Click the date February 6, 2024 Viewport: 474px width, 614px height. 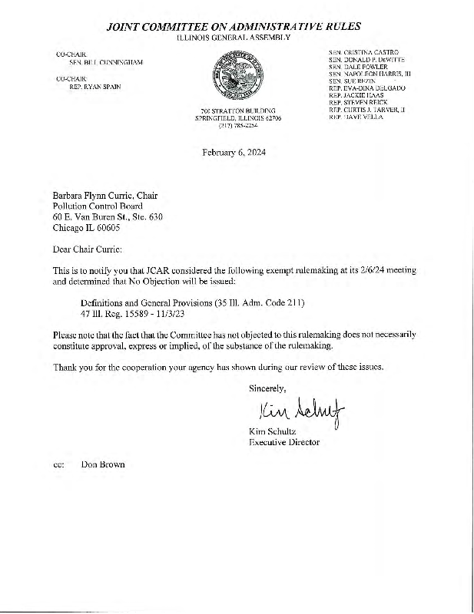(x=238, y=151)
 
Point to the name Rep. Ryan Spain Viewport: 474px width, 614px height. (x=90, y=87)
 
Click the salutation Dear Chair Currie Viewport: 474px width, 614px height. (x=87, y=249)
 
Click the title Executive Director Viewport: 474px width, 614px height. (x=284, y=443)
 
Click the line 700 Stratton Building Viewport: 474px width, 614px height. (x=237, y=112)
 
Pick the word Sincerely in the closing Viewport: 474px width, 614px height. (x=267, y=388)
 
